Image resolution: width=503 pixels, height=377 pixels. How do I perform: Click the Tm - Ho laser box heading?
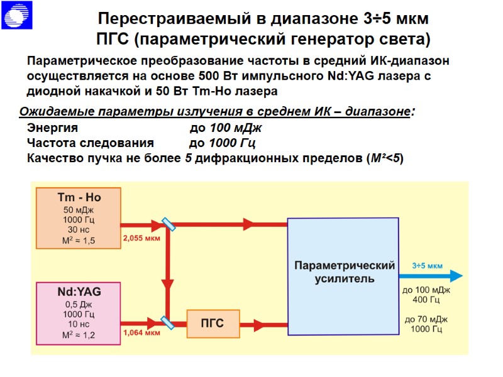(79, 197)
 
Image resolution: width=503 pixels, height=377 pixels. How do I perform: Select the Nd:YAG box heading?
(79, 292)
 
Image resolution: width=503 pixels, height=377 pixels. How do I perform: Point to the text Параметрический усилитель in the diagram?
(345, 271)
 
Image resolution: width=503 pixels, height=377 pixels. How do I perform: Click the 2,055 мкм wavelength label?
(141, 239)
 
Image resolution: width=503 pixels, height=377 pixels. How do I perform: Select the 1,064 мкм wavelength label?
(141, 333)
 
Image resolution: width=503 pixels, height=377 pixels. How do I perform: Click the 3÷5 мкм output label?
(428, 266)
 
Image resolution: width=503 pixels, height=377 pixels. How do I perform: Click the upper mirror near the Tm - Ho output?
(167, 223)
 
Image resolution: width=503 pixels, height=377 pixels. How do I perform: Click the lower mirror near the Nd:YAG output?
(167, 322)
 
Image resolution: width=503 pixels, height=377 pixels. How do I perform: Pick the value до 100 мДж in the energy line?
(225, 128)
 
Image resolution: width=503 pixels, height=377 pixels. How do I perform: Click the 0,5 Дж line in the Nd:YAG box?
(79, 304)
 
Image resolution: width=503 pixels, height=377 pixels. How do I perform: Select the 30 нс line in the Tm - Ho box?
(79, 229)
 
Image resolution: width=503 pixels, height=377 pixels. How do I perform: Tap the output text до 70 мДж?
(426, 319)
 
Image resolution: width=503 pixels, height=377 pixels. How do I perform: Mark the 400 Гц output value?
(426, 300)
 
